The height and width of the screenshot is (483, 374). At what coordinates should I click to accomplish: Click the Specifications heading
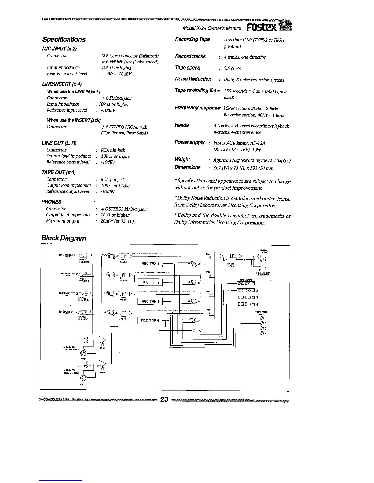point(64,39)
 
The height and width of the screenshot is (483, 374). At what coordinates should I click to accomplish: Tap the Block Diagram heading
point(64,238)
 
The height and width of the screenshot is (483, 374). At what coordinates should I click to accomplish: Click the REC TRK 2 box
point(150,282)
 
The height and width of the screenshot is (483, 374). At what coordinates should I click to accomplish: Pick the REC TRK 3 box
point(150,302)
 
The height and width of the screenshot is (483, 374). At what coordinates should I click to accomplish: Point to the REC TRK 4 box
point(150,320)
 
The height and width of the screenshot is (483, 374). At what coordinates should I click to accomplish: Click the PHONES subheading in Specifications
point(51,202)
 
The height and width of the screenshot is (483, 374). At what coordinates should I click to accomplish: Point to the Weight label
point(182,159)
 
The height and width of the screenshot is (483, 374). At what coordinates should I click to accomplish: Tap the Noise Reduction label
point(193,79)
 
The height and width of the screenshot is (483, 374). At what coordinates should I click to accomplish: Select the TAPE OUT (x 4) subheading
point(58,172)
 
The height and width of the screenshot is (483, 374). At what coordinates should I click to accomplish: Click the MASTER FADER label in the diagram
point(231,265)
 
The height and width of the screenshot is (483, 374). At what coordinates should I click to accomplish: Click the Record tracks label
point(190,56)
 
